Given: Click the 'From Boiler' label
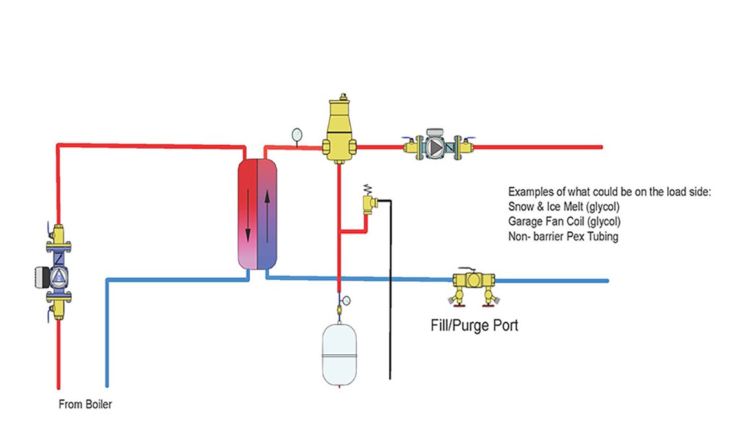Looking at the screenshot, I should pos(85,405).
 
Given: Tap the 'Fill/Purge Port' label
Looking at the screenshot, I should pos(474,325).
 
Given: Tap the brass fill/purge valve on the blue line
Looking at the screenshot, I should pos(473,280).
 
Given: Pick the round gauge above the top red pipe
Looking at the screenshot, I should pos(296,135).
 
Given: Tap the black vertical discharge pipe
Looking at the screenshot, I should pos(390,291).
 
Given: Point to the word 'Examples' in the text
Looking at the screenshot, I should pos(529,192).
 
